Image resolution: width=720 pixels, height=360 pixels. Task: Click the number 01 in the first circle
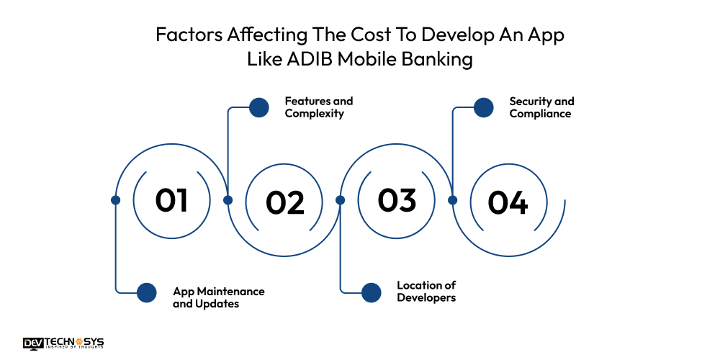(171, 199)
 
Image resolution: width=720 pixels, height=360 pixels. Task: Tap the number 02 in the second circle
(284, 202)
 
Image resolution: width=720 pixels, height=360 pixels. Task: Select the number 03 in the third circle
(397, 199)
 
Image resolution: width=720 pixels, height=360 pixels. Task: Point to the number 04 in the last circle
(508, 202)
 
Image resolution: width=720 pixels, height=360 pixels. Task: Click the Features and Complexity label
(318, 107)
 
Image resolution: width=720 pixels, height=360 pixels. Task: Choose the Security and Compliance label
(541, 107)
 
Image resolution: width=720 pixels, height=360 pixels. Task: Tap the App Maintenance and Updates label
(218, 297)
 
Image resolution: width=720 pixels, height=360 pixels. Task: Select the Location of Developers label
(426, 292)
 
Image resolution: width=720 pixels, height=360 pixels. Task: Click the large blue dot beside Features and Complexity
(259, 108)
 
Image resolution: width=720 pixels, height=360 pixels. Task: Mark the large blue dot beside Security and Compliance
(484, 108)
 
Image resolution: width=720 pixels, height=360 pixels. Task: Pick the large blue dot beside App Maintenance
(147, 292)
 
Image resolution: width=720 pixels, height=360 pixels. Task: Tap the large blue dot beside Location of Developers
(372, 292)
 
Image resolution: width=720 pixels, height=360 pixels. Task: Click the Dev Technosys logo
(63, 343)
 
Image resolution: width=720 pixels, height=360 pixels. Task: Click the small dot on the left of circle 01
(115, 200)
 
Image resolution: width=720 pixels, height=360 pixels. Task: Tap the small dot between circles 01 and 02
(228, 200)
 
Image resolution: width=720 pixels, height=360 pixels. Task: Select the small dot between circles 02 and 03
(341, 200)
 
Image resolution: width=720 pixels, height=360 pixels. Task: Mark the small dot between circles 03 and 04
(453, 200)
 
